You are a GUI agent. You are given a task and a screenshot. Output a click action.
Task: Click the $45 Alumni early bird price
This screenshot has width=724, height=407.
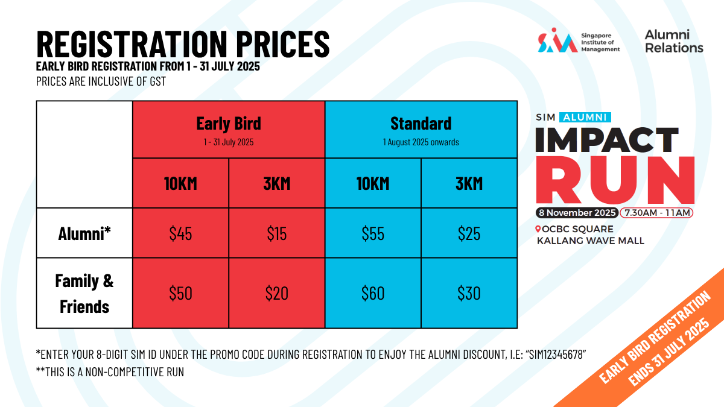click(180, 233)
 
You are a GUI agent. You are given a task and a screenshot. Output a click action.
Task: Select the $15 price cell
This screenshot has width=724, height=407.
click(277, 233)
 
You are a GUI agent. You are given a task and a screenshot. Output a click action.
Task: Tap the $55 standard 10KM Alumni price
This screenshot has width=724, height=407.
click(373, 233)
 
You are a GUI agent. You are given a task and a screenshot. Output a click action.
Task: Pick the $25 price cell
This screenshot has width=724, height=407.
click(469, 233)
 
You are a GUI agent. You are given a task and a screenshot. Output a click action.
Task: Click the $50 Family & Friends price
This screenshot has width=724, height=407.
click(180, 293)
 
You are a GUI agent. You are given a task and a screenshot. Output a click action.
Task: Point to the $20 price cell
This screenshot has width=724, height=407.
click(277, 293)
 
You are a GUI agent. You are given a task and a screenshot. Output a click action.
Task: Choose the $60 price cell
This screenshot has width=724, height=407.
click(373, 293)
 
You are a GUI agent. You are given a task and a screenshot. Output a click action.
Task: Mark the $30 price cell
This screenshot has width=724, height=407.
click(469, 293)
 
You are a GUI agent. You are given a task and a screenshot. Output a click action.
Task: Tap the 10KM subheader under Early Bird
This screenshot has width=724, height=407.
click(180, 183)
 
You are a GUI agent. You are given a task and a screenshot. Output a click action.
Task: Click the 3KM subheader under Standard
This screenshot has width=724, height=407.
click(469, 183)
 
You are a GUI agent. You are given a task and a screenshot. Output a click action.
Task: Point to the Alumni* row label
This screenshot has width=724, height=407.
click(84, 233)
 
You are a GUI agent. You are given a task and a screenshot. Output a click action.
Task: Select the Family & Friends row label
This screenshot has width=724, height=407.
click(84, 293)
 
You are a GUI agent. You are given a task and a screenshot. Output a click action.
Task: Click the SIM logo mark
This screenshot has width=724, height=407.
click(557, 40)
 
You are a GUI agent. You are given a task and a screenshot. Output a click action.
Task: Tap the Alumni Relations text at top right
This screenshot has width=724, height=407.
click(674, 42)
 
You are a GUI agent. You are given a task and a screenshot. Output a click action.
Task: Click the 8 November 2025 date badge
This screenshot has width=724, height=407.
click(577, 213)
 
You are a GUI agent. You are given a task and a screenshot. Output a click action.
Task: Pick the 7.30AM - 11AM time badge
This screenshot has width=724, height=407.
click(657, 213)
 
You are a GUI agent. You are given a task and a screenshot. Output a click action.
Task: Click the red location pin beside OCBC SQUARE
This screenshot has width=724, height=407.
click(538, 229)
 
